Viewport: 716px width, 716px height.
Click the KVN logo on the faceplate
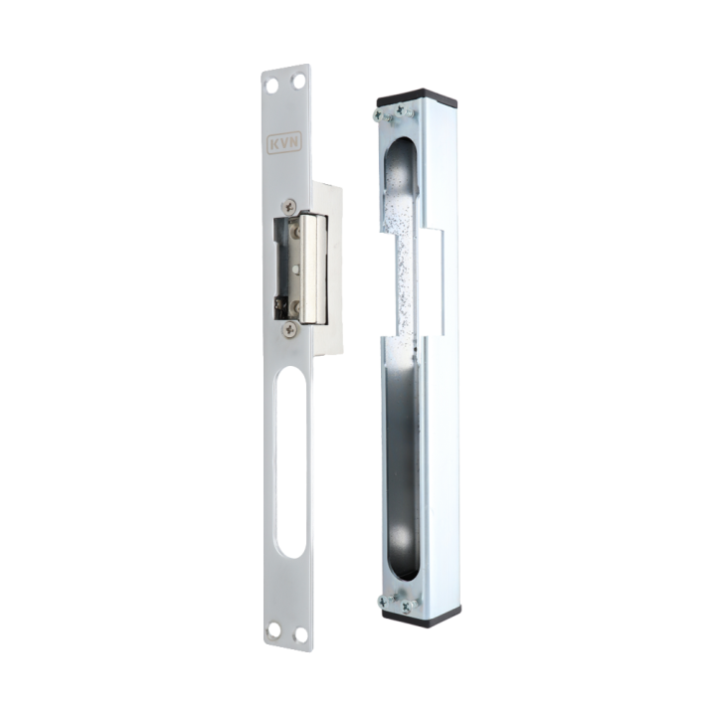(x=283, y=142)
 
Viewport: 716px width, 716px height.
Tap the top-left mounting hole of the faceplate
(x=272, y=85)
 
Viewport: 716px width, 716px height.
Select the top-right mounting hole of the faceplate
(x=298, y=82)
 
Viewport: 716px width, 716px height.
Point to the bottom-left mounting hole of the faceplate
(x=274, y=630)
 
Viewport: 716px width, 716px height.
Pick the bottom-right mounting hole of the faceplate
(x=300, y=634)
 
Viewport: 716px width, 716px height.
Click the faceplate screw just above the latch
(x=289, y=207)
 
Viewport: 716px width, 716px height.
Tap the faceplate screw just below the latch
(x=289, y=328)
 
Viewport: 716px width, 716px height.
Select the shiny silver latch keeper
(x=312, y=268)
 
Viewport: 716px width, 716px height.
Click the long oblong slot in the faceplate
(x=291, y=460)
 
